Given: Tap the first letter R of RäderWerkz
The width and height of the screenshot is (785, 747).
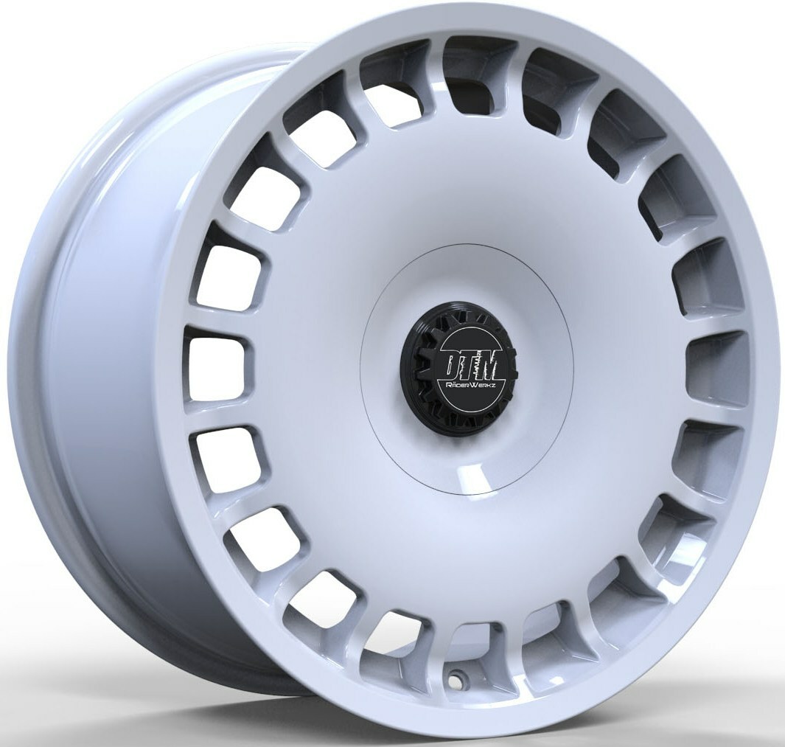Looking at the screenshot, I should click(x=442, y=386).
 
